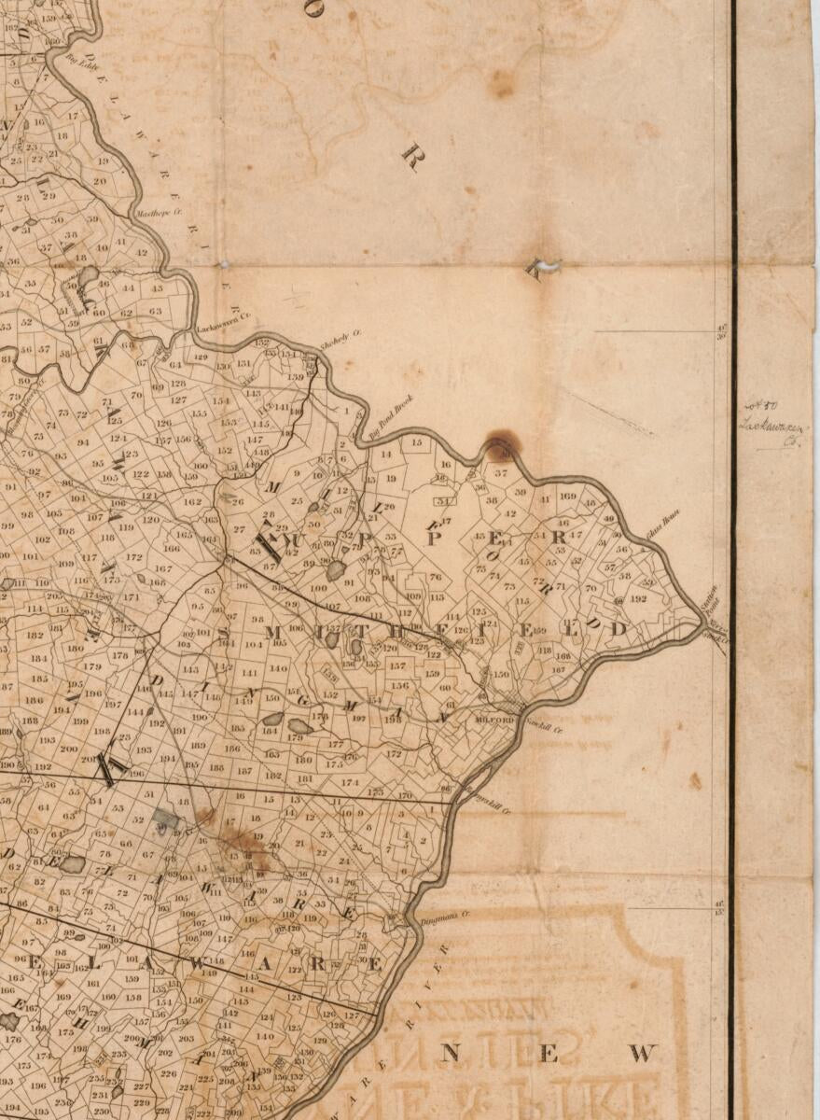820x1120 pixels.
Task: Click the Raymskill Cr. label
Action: (x=490, y=804)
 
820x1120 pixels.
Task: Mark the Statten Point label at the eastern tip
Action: (x=711, y=595)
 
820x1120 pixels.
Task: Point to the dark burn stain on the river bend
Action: (x=502, y=446)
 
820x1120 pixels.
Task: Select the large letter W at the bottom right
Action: (x=643, y=1054)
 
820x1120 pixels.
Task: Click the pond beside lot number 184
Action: (x=272, y=720)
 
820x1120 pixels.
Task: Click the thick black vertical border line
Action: (x=733, y=560)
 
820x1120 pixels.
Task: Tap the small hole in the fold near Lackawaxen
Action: (x=224, y=264)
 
